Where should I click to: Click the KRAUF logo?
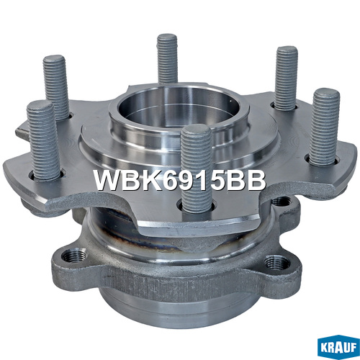click(x=338, y=348)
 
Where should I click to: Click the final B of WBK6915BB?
click(x=256, y=181)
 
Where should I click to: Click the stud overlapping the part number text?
click(x=197, y=168)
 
